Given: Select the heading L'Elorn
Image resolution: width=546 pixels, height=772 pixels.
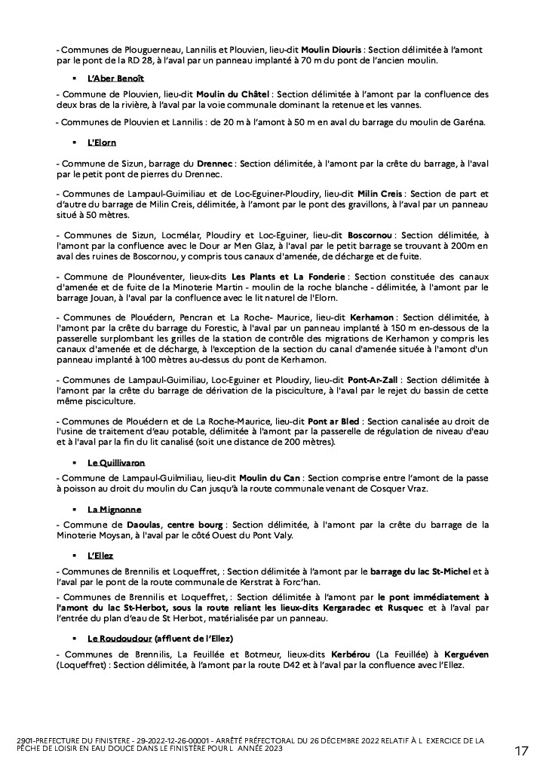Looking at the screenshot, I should tap(102, 142).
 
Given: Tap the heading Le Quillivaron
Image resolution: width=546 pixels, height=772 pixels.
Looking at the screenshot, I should tap(116, 462).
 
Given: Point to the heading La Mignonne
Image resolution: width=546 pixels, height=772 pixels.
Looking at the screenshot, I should tap(114, 509).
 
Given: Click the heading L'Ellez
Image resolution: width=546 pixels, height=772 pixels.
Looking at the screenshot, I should tap(100, 556).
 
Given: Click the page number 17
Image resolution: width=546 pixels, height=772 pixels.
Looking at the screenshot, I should tap(522, 751).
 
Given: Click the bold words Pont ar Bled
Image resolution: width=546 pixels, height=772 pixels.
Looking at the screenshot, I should tap(333, 421).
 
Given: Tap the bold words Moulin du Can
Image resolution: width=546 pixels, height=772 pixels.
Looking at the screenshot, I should tap(269, 479).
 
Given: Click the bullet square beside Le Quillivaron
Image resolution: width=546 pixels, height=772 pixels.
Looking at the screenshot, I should tap(75, 462).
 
